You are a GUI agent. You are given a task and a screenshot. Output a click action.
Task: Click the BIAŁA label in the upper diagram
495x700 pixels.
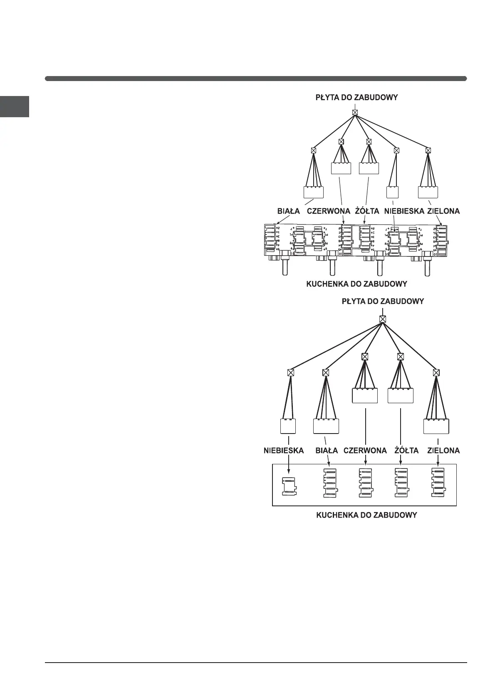288,211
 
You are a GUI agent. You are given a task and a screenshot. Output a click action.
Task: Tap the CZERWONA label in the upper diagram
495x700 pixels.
328,211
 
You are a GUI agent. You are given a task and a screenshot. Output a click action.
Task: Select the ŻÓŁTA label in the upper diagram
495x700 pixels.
367,211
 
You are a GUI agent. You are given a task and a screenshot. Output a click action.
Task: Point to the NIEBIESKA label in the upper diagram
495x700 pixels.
404,211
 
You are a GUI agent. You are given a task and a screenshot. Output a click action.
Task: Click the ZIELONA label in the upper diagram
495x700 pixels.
443,211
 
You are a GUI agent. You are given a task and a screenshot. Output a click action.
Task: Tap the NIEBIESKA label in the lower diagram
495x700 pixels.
284,451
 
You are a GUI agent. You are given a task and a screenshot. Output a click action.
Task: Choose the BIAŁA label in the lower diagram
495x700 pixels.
327,451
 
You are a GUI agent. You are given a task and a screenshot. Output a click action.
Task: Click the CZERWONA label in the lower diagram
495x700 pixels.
365,451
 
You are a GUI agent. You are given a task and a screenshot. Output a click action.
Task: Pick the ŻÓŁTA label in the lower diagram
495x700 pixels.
406,451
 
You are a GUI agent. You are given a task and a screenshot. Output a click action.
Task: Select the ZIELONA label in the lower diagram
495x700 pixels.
443,451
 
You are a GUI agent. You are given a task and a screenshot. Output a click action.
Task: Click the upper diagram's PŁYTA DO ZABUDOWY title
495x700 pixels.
356,98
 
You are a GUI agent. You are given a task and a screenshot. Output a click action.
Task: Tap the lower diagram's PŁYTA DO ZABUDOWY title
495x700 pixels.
383,301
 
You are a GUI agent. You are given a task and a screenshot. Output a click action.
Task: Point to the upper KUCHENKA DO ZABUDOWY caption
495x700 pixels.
356,284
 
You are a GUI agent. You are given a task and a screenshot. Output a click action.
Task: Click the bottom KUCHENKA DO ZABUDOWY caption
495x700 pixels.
366,515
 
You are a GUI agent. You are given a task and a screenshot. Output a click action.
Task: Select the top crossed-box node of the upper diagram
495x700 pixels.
355,112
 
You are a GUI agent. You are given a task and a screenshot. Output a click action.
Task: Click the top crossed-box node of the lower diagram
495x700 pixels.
383,319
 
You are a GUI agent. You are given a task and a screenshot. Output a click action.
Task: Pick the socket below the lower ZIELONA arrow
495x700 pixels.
438,482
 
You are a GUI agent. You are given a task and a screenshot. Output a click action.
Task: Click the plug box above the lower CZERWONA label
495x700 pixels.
365,395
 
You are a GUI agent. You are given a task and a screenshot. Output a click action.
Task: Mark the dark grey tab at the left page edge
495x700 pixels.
15,106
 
